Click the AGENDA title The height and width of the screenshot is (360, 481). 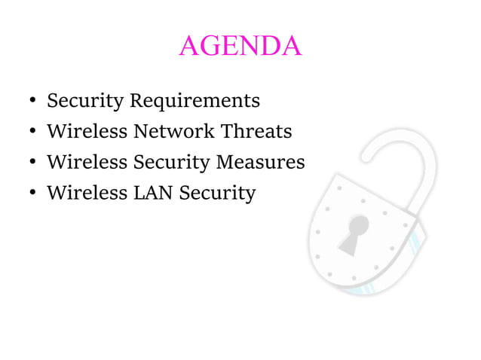(x=240, y=47)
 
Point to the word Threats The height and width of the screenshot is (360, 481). (x=256, y=132)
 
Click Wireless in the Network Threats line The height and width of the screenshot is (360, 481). (x=87, y=132)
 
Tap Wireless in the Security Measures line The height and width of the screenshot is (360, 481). (x=87, y=162)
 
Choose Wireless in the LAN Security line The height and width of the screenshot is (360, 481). (x=87, y=193)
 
